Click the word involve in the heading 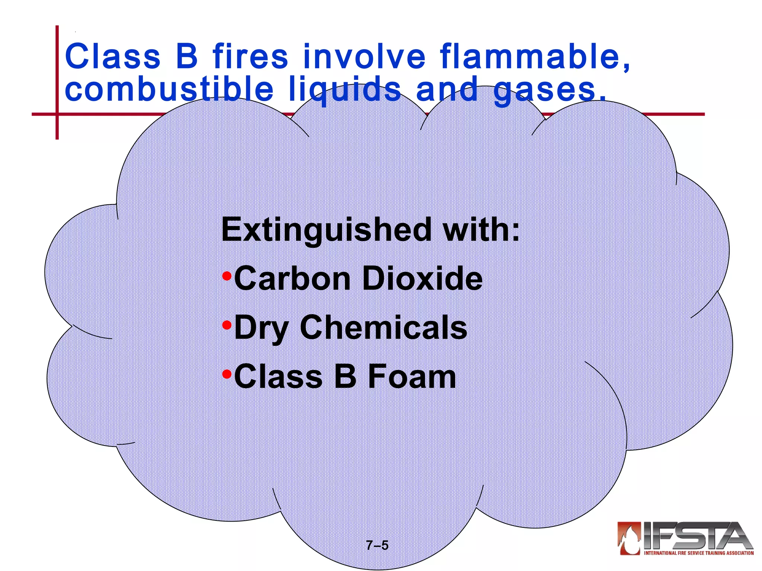coord(364,57)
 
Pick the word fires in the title coord(250,57)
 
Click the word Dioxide coord(422,278)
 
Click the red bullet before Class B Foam coord(227,374)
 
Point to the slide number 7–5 coord(377,545)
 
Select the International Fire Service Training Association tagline coord(699,553)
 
